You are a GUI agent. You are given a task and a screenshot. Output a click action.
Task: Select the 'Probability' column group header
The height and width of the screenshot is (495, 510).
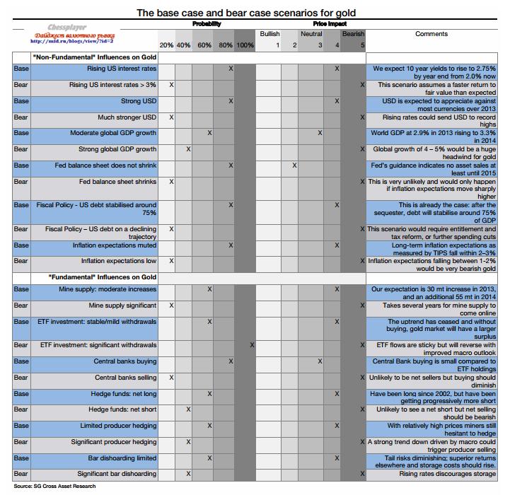coord(207,24)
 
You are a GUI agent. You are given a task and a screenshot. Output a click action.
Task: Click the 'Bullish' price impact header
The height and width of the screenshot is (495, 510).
coord(270,34)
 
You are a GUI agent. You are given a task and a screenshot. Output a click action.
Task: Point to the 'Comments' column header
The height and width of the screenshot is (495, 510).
coord(431,34)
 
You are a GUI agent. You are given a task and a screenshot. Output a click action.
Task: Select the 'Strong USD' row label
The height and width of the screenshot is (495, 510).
coord(138,101)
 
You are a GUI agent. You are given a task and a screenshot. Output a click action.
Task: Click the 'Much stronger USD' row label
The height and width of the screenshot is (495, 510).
coord(127,117)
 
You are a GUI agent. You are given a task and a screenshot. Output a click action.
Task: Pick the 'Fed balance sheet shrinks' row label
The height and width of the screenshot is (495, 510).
coord(117,182)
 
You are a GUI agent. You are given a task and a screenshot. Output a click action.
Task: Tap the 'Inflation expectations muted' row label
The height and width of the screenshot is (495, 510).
coord(114,245)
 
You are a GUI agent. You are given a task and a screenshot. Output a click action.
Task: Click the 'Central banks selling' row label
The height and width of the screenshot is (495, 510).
coord(126,378)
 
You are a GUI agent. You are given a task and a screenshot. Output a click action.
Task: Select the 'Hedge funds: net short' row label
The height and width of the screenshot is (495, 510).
coord(122,409)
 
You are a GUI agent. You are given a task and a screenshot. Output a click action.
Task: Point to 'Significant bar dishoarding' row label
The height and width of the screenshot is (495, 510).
coord(117,474)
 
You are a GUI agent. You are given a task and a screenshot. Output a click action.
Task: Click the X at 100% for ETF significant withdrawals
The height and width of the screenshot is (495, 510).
coord(252,345)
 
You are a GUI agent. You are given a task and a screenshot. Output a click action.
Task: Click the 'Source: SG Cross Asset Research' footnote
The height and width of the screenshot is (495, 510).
coord(54,487)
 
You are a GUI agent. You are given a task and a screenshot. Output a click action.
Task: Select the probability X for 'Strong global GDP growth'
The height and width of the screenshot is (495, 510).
coord(188,149)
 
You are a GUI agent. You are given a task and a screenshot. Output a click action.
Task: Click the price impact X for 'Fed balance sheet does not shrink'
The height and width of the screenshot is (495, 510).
coord(294,165)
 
